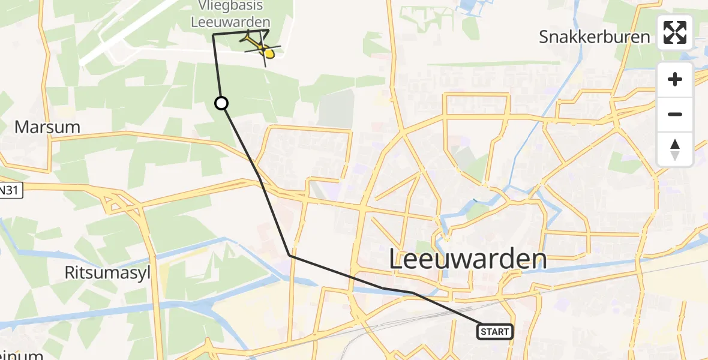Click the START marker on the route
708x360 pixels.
pos(495,331)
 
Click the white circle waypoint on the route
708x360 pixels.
pos(221,103)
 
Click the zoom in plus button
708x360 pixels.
pos(675,80)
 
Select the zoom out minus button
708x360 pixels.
pos(675,114)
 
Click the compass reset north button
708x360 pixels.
pos(675,149)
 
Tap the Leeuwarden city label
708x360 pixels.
pos(468,259)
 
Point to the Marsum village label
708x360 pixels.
pos(47,127)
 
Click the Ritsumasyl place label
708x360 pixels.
pos(107,273)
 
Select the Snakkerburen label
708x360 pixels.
pos(594,37)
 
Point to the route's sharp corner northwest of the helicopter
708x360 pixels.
pos(214,35)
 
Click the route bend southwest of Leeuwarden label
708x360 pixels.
pos(290,256)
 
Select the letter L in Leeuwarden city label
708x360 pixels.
pos(397,260)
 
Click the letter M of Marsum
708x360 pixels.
pos(22,127)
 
